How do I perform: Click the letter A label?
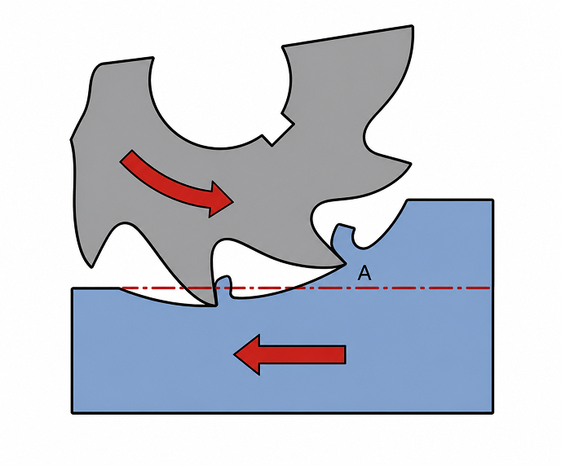pyautogui.click(x=364, y=274)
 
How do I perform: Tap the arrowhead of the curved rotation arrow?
pyautogui.click(x=220, y=200)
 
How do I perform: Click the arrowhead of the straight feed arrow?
pyautogui.click(x=247, y=354)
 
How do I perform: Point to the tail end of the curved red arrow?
pyautogui.click(x=126, y=156)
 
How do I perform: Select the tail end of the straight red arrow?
pyautogui.click(x=345, y=354)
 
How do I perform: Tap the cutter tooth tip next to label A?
pyautogui.click(x=346, y=265)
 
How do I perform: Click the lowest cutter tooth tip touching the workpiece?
pyautogui.click(x=215, y=306)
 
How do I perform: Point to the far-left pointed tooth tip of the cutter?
pyautogui.click(x=91, y=266)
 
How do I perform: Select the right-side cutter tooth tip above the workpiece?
pyautogui.click(x=411, y=164)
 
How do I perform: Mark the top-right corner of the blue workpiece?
pyautogui.click(x=493, y=200)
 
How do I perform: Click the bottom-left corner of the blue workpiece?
pyautogui.click(x=73, y=413)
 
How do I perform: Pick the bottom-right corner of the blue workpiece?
pyautogui.click(x=493, y=413)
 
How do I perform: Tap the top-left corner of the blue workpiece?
pyautogui.click(x=73, y=288)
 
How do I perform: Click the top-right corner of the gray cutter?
pyautogui.click(x=413, y=26)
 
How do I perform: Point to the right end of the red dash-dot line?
pyautogui.click(x=489, y=288)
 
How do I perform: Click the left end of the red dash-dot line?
pyautogui.click(x=122, y=288)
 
